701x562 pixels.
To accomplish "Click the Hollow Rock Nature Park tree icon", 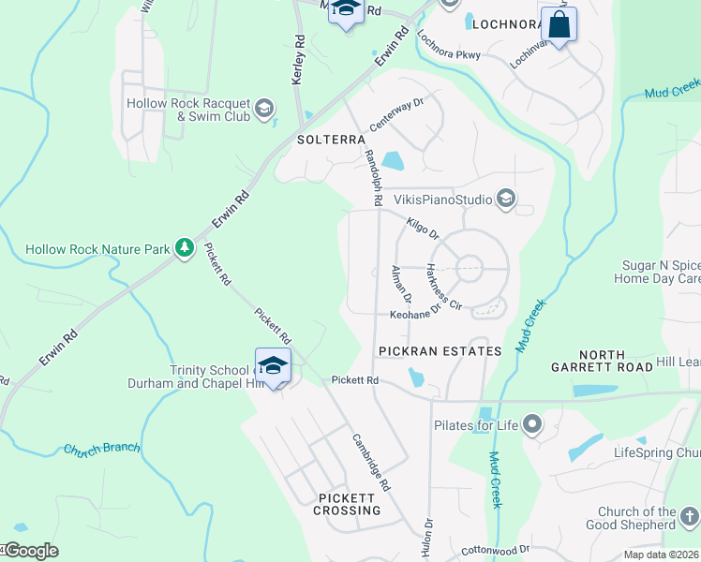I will pyautogui.click(x=186, y=248).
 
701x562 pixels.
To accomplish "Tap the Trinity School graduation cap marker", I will pyautogui.click(x=273, y=366).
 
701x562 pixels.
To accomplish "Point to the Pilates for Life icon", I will pyautogui.click(x=533, y=426).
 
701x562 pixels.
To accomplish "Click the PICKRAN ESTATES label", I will pyautogui.click(x=440, y=350).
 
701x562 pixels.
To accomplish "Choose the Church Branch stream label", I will pyautogui.click(x=100, y=451).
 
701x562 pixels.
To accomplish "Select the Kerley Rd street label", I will pyautogui.click(x=299, y=61).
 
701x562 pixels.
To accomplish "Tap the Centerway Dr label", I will pyautogui.click(x=397, y=114).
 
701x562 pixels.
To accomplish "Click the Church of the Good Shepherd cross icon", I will pyautogui.click(x=689, y=517).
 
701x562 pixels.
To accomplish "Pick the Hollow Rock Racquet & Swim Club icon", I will pyautogui.click(x=264, y=109).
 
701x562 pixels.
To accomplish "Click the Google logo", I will pyautogui.click(x=30, y=551).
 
